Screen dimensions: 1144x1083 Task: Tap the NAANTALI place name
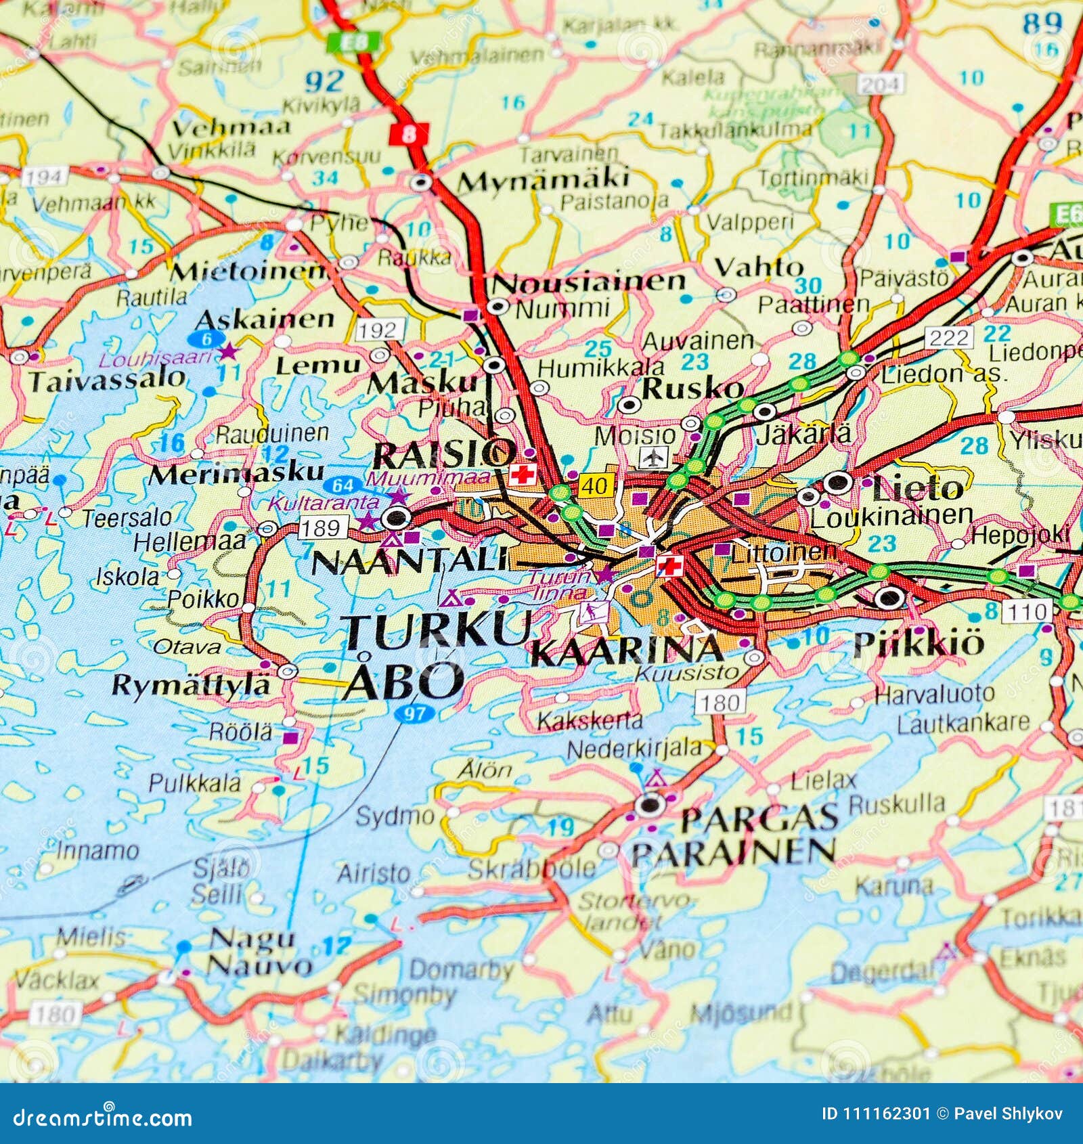[410, 562]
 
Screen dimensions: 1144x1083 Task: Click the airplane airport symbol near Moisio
[653, 457]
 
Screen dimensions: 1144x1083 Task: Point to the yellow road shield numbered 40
[596, 485]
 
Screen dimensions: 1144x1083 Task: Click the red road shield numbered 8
[409, 133]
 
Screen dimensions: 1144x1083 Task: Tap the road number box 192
[378, 330]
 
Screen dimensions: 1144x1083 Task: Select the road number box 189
[322, 527]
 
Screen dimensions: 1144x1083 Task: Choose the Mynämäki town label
[544, 181]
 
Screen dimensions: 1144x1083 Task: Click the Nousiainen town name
[588, 282]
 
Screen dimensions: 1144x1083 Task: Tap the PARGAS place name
[759, 819]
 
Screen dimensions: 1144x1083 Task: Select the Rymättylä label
[191, 685]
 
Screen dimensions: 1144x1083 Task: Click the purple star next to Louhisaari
[228, 351]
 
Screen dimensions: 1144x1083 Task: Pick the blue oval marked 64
[343, 485]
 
